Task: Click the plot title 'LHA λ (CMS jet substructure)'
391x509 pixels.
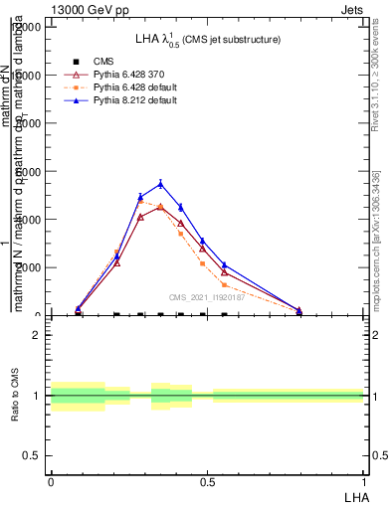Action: (208, 40)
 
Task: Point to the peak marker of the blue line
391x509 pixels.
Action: (160, 184)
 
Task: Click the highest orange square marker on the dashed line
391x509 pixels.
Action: (140, 202)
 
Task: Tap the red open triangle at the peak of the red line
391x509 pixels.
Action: (160, 207)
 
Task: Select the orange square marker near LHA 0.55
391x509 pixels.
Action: (224, 284)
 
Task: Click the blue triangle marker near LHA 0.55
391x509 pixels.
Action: (224, 265)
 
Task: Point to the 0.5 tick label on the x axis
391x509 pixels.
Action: (207, 480)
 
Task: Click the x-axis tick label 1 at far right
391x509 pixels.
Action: (363, 480)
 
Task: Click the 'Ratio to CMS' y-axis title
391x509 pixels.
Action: (15, 396)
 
